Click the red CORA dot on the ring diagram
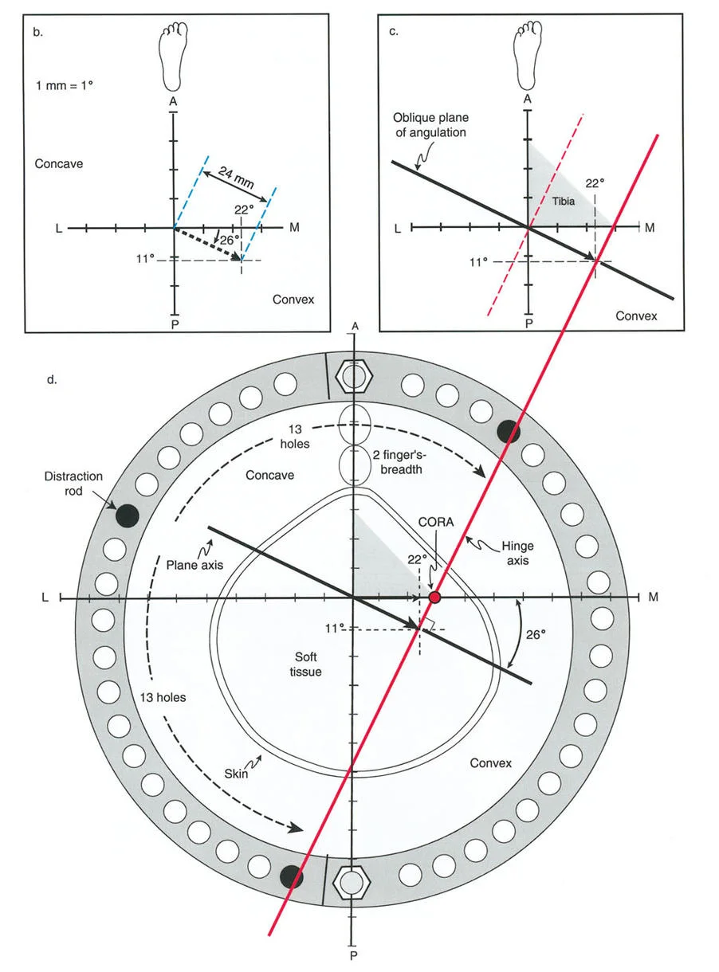[434, 597]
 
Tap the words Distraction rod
[74, 484]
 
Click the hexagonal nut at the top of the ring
[352, 374]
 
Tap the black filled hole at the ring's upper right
[509, 431]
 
